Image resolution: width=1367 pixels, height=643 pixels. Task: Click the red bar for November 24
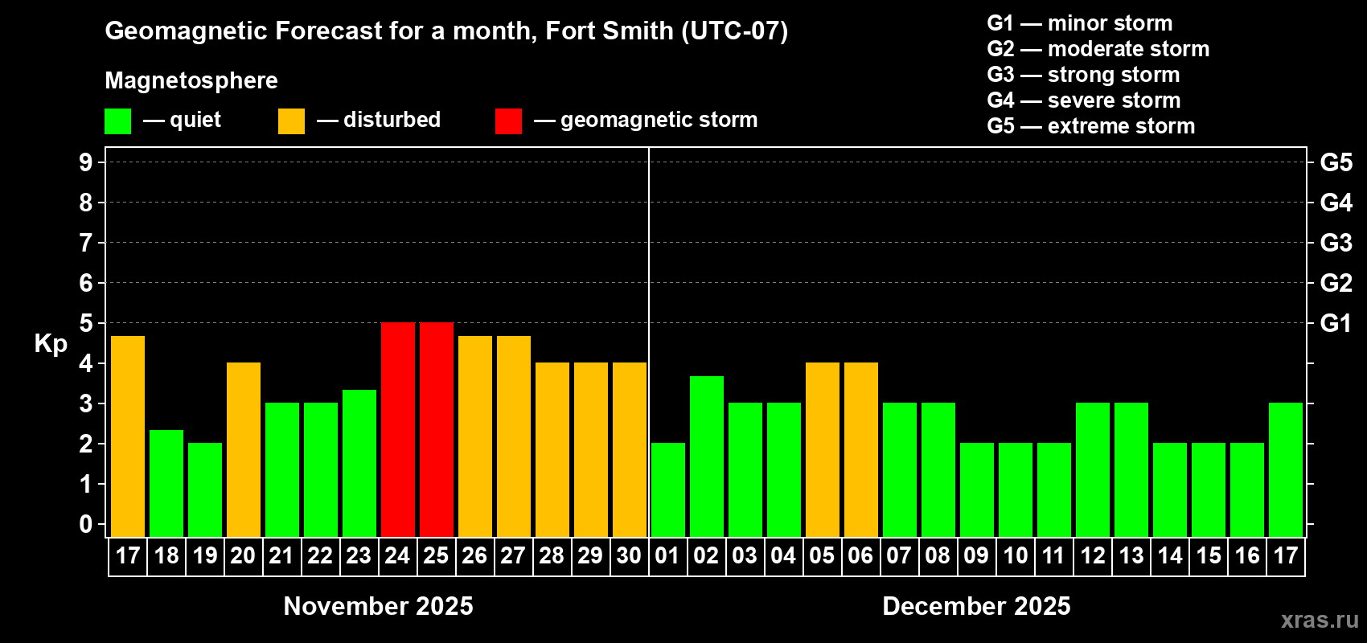pyautogui.click(x=398, y=429)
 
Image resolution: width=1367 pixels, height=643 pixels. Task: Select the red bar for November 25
pyautogui.click(x=437, y=429)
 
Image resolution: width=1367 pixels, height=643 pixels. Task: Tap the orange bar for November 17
pyautogui.click(x=128, y=436)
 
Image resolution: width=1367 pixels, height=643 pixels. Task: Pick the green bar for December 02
pyautogui.click(x=707, y=457)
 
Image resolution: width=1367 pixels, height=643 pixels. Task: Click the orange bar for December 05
pyautogui.click(x=823, y=449)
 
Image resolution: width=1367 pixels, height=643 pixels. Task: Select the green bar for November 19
pyautogui.click(x=205, y=489)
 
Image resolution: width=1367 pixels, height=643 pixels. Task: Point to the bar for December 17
pyautogui.click(x=1286, y=469)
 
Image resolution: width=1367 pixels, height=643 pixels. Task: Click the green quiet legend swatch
pyautogui.click(x=118, y=121)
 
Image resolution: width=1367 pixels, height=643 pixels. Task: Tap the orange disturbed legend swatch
pyautogui.click(x=291, y=121)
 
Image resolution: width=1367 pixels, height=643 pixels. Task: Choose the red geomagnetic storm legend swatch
pyautogui.click(x=508, y=121)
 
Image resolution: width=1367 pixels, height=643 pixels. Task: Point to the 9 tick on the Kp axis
pyautogui.click(x=86, y=162)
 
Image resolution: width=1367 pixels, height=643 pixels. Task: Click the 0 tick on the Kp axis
pyautogui.click(x=86, y=524)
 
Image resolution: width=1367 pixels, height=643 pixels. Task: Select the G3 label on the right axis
pyautogui.click(x=1336, y=243)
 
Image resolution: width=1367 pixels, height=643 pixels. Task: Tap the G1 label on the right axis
pyautogui.click(x=1336, y=323)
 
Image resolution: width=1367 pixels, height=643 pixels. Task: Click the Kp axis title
pyautogui.click(x=51, y=344)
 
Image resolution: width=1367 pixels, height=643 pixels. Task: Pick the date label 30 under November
pyautogui.click(x=629, y=555)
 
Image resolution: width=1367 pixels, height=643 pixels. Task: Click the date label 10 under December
pyautogui.click(x=1016, y=555)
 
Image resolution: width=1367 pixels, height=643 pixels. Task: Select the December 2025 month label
pyautogui.click(x=976, y=606)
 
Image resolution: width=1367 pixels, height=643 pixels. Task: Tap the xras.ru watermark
pyautogui.click(x=1320, y=620)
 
